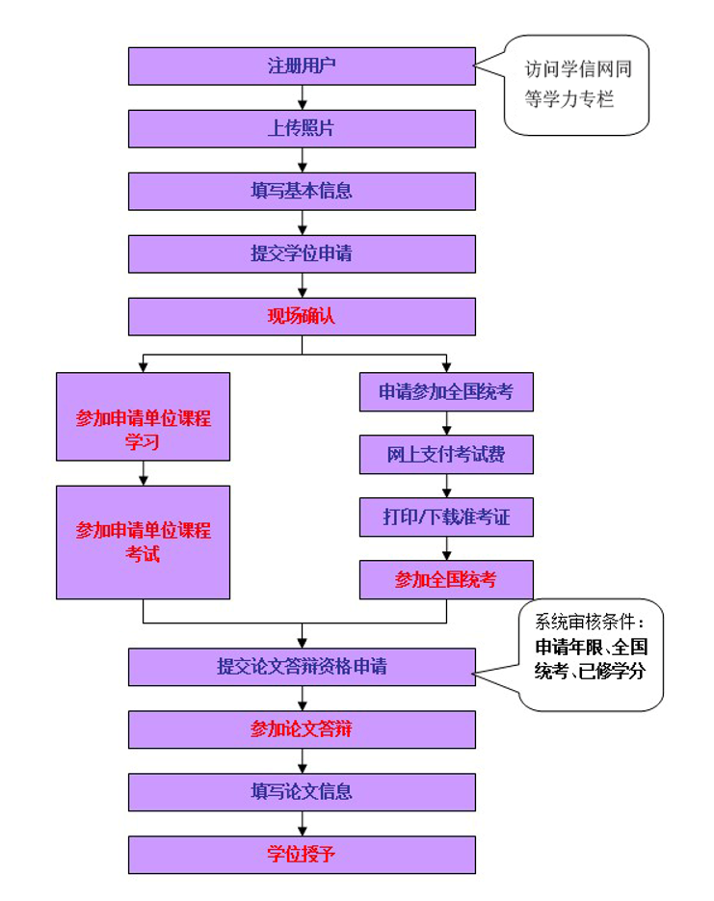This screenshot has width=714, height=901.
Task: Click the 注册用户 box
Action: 302,66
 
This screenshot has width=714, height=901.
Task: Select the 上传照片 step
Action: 302,128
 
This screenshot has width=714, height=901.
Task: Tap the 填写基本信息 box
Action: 302,191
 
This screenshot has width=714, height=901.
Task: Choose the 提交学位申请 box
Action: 302,253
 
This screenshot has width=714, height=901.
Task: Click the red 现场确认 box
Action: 302,316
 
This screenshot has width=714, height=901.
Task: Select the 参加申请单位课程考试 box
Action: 143,542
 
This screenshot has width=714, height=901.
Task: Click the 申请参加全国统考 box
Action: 446,392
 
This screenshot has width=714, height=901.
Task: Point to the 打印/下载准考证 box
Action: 446,517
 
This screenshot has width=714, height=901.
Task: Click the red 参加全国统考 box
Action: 446,580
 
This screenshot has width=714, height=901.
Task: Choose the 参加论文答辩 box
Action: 302,729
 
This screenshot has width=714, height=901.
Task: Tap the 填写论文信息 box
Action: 302,792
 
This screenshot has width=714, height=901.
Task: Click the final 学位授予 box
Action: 302,855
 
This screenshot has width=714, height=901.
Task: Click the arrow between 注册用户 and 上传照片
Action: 302,97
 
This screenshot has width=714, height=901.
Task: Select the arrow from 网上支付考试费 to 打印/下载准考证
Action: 446,486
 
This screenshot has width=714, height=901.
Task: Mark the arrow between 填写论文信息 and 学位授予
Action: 302,823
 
